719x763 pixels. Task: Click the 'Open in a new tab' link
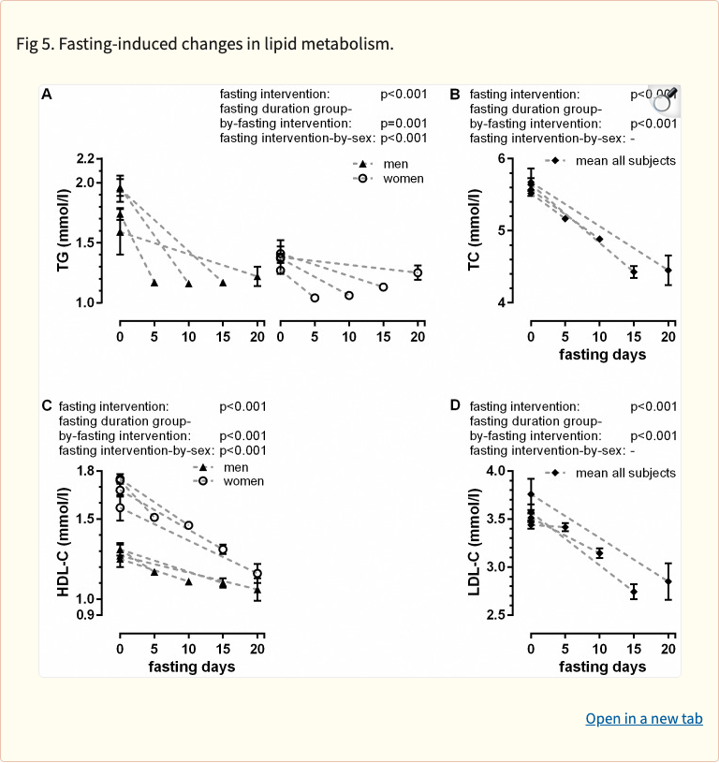point(643,719)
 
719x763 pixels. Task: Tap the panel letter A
point(46,95)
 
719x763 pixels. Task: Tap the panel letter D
point(455,405)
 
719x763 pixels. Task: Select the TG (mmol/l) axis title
point(64,230)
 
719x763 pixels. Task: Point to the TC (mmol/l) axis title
point(475,230)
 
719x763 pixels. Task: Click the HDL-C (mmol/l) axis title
point(64,542)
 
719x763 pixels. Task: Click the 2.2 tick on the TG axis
point(86,158)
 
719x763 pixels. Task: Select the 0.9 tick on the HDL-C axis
point(86,615)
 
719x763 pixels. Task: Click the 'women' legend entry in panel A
point(402,179)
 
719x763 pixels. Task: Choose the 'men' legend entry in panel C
point(235,466)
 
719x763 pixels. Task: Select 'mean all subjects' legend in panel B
point(625,161)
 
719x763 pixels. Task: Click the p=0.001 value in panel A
point(404,124)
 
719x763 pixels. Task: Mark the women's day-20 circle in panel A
point(418,272)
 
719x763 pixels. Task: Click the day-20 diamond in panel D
point(668,581)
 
